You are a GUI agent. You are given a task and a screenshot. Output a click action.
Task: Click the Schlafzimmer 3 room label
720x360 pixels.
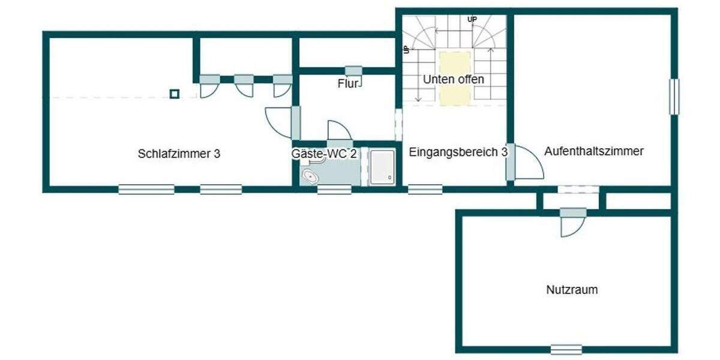point(179,154)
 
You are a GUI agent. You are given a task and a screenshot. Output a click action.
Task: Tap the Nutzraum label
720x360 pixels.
point(571,290)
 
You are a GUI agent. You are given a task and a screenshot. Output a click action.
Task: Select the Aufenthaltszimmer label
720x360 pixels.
point(593,151)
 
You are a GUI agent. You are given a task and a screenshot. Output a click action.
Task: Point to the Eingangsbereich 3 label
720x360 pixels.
point(458,152)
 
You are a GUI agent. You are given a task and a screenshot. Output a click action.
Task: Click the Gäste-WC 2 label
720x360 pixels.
point(324,154)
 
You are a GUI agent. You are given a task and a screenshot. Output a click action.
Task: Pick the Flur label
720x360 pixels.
point(348,84)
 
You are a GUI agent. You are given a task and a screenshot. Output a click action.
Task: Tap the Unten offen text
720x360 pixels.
point(453,79)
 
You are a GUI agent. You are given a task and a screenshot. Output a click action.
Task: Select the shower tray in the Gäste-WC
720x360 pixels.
point(382,167)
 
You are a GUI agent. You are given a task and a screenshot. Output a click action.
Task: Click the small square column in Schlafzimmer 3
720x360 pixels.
point(174,94)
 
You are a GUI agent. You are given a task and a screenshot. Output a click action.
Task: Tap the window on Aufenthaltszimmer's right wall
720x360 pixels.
point(674,97)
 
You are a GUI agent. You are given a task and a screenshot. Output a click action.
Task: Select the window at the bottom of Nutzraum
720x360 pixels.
point(566,349)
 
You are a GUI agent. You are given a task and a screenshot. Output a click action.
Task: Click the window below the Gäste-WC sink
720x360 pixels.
point(334,190)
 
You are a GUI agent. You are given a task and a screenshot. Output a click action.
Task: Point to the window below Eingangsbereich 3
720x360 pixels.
point(425,190)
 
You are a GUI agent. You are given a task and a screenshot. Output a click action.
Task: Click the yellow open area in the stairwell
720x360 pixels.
point(455,79)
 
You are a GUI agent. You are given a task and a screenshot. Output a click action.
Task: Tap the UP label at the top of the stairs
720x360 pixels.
point(472,20)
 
